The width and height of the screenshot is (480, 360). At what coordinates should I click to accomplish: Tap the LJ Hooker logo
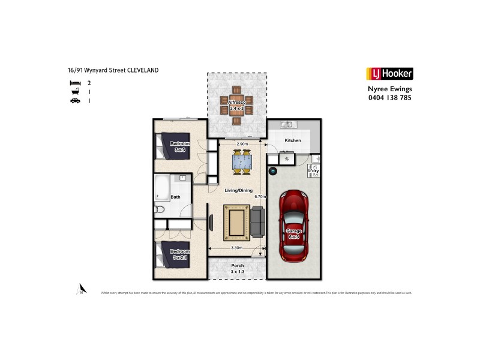pyautogui.click(x=389, y=74)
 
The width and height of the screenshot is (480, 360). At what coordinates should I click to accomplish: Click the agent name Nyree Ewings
pyautogui.click(x=389, y=89)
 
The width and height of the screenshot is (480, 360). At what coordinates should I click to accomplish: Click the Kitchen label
pyautogui.click(x=293, y=140)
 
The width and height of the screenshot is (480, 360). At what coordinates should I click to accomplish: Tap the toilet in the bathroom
pyautogui.click(x=160, y=209)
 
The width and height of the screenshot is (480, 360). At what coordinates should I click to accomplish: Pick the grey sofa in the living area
pyautogui.click(x=257, y=220)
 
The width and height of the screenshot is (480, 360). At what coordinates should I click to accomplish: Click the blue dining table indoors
pyautogui.click(x=242, y=161)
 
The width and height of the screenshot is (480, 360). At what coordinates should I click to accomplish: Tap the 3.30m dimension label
pyautogui.click(x=238, y=247)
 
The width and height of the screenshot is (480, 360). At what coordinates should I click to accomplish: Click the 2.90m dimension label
pyautogui.click(x=242, y=145)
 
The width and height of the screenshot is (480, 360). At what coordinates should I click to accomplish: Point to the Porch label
pyautogui.click(x=237, y=266)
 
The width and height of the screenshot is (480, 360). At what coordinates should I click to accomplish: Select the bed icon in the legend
pyautogui.click(x=74, y=83)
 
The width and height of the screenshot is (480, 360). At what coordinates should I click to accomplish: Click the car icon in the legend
pyautogui.click(x=74, y=101)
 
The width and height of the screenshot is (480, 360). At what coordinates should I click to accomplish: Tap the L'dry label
pyautogui.click(x=313, y=171)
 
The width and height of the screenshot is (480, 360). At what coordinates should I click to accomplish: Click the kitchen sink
pyautogui.click(x=287, y=125)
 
